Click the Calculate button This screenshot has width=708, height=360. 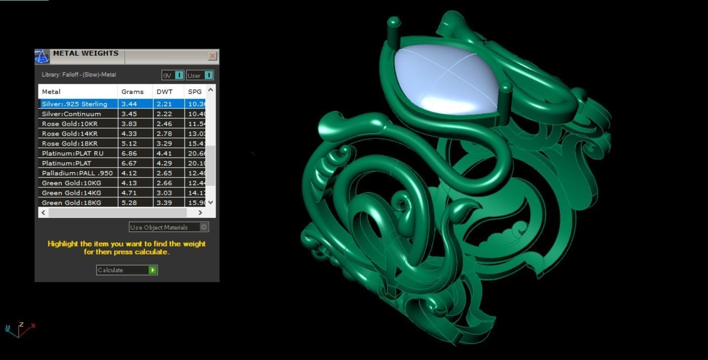click(126, 270)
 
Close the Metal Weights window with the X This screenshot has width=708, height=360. click(213, 56)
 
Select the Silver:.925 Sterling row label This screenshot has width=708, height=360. click(75, 104)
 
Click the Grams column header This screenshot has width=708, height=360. click(132, 92)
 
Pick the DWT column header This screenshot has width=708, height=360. click(164, 92)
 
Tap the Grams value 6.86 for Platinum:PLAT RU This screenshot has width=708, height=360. click(129, 153)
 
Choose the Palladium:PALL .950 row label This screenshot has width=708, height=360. click(77, 173)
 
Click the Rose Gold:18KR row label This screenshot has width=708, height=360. click(70, 144)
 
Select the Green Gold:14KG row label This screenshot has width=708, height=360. click(72, 193)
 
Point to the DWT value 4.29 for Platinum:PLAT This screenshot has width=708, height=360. click(164, 163)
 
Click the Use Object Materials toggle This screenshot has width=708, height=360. click(204, 227)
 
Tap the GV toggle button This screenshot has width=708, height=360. click(173, 75)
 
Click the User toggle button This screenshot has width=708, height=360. click(200, 75)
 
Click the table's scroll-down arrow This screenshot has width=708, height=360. click(211, 202)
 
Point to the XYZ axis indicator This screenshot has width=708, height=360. click(20, 329)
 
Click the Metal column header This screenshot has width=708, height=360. click(51, 92)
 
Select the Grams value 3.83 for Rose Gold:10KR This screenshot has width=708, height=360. click(129, 124)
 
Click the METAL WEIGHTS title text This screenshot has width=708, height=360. click(85, 53)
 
